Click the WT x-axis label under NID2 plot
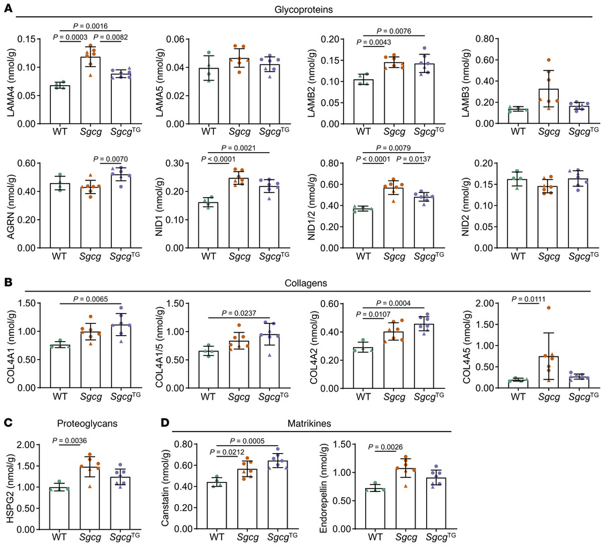[517, 255]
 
